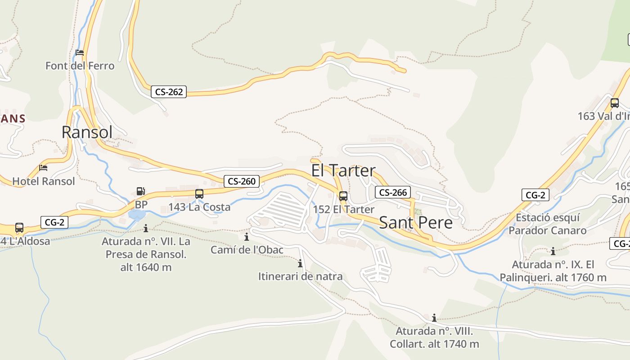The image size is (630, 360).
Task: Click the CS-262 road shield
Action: point(169,92)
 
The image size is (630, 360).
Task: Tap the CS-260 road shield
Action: point(242,181)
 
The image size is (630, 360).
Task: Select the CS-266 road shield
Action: point(393,193)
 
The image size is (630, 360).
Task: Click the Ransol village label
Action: point(87,132)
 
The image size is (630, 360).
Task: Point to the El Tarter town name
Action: point(343,171)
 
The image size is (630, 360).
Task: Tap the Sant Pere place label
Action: point(416,222)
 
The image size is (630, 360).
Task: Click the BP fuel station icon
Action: point(141,191)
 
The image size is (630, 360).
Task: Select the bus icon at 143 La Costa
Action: point(199,194)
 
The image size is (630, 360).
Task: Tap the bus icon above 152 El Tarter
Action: point(343,196)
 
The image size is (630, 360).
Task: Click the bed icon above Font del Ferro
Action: point(80,53)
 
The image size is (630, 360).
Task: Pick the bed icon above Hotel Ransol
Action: point(43,168)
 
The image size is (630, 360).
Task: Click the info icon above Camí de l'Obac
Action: point(247,237)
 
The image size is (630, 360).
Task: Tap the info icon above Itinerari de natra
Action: point(300,263)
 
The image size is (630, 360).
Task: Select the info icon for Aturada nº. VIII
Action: point(434,318)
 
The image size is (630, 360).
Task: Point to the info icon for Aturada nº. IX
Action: point(553,251)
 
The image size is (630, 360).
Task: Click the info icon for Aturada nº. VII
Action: point(145,228)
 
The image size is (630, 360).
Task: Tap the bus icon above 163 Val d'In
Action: point(615,103)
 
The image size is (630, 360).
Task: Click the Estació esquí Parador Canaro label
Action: point(548,224)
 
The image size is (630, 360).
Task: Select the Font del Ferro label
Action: point(80,66)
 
